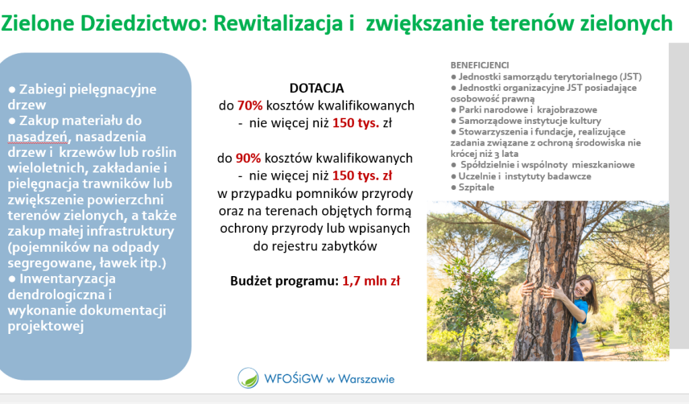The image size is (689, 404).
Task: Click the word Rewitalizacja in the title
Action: (278, 24)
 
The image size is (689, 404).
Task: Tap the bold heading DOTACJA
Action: (316, 88)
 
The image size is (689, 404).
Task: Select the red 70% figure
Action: (250, 106)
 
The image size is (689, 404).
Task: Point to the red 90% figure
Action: (248, 158)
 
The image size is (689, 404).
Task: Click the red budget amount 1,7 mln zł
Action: (371, 281)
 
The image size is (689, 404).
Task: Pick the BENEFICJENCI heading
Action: (479, 65)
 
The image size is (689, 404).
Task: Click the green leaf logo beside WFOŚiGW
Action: (248, 378)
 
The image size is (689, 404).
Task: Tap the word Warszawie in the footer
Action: (366, 379)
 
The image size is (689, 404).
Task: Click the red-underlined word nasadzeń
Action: (38, 137)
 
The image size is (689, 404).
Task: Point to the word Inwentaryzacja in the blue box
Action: (68, 279)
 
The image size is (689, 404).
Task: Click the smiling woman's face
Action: (583, 289)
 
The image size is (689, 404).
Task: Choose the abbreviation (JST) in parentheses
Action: (630, 77)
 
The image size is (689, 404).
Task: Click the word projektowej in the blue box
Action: (46, 327)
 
